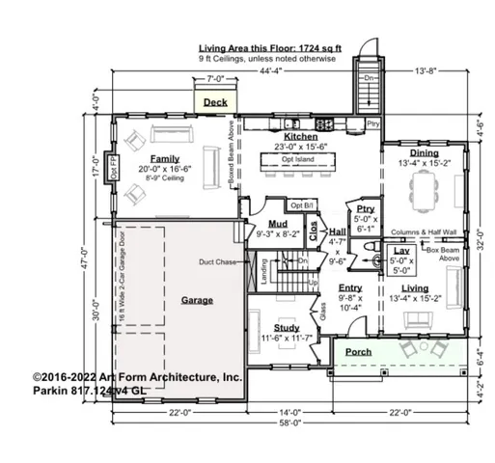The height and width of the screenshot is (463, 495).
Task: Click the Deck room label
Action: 215,101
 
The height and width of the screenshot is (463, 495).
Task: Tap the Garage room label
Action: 197,300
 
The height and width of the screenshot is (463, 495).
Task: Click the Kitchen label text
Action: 301,137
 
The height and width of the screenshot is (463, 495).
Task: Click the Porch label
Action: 359,352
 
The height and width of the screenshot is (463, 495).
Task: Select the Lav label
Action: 401,251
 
